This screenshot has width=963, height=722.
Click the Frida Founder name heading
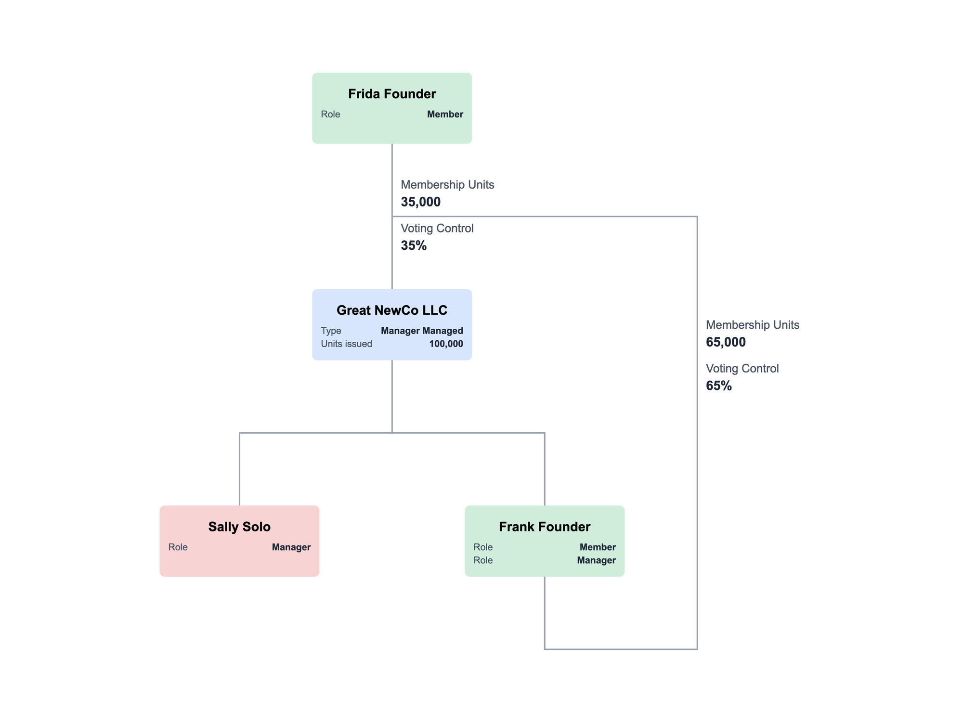392,94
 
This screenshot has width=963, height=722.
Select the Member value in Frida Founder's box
445,115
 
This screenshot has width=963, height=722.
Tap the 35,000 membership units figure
420,202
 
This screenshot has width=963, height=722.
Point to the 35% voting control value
414,246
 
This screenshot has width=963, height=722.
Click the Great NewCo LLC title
392,310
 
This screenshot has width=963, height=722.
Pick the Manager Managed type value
422,331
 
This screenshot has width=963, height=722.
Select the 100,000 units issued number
446,344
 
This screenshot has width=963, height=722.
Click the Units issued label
346,344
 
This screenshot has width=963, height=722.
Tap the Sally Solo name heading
239,527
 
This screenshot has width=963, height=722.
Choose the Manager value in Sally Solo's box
291,547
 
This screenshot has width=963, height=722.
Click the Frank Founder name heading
545,527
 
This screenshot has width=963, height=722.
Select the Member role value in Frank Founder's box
598,547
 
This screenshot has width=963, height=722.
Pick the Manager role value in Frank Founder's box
596,560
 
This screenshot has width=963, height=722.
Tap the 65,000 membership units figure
726,342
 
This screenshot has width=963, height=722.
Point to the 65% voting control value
718,386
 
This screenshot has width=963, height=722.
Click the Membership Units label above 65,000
752,325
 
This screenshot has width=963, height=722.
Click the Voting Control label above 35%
437,228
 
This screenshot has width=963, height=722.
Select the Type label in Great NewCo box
331,331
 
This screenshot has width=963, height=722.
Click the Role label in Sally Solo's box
178,547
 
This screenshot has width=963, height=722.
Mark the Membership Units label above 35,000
447,185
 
